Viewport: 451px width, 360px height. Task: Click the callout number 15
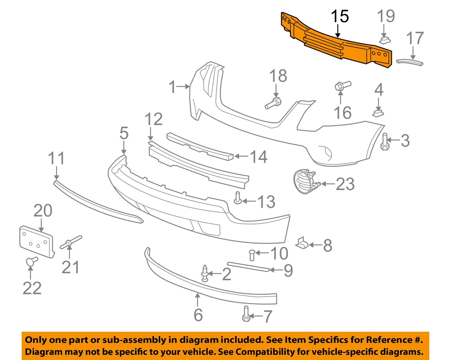tap(340, 16)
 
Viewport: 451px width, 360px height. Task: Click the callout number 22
tap(32, 288)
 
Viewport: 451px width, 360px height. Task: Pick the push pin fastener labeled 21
tap(70, 242)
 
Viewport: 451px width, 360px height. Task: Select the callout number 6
tap(198, 315)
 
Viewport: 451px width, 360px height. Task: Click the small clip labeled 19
tap(385, 39)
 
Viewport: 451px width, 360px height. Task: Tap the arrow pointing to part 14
tap(241, 156)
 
